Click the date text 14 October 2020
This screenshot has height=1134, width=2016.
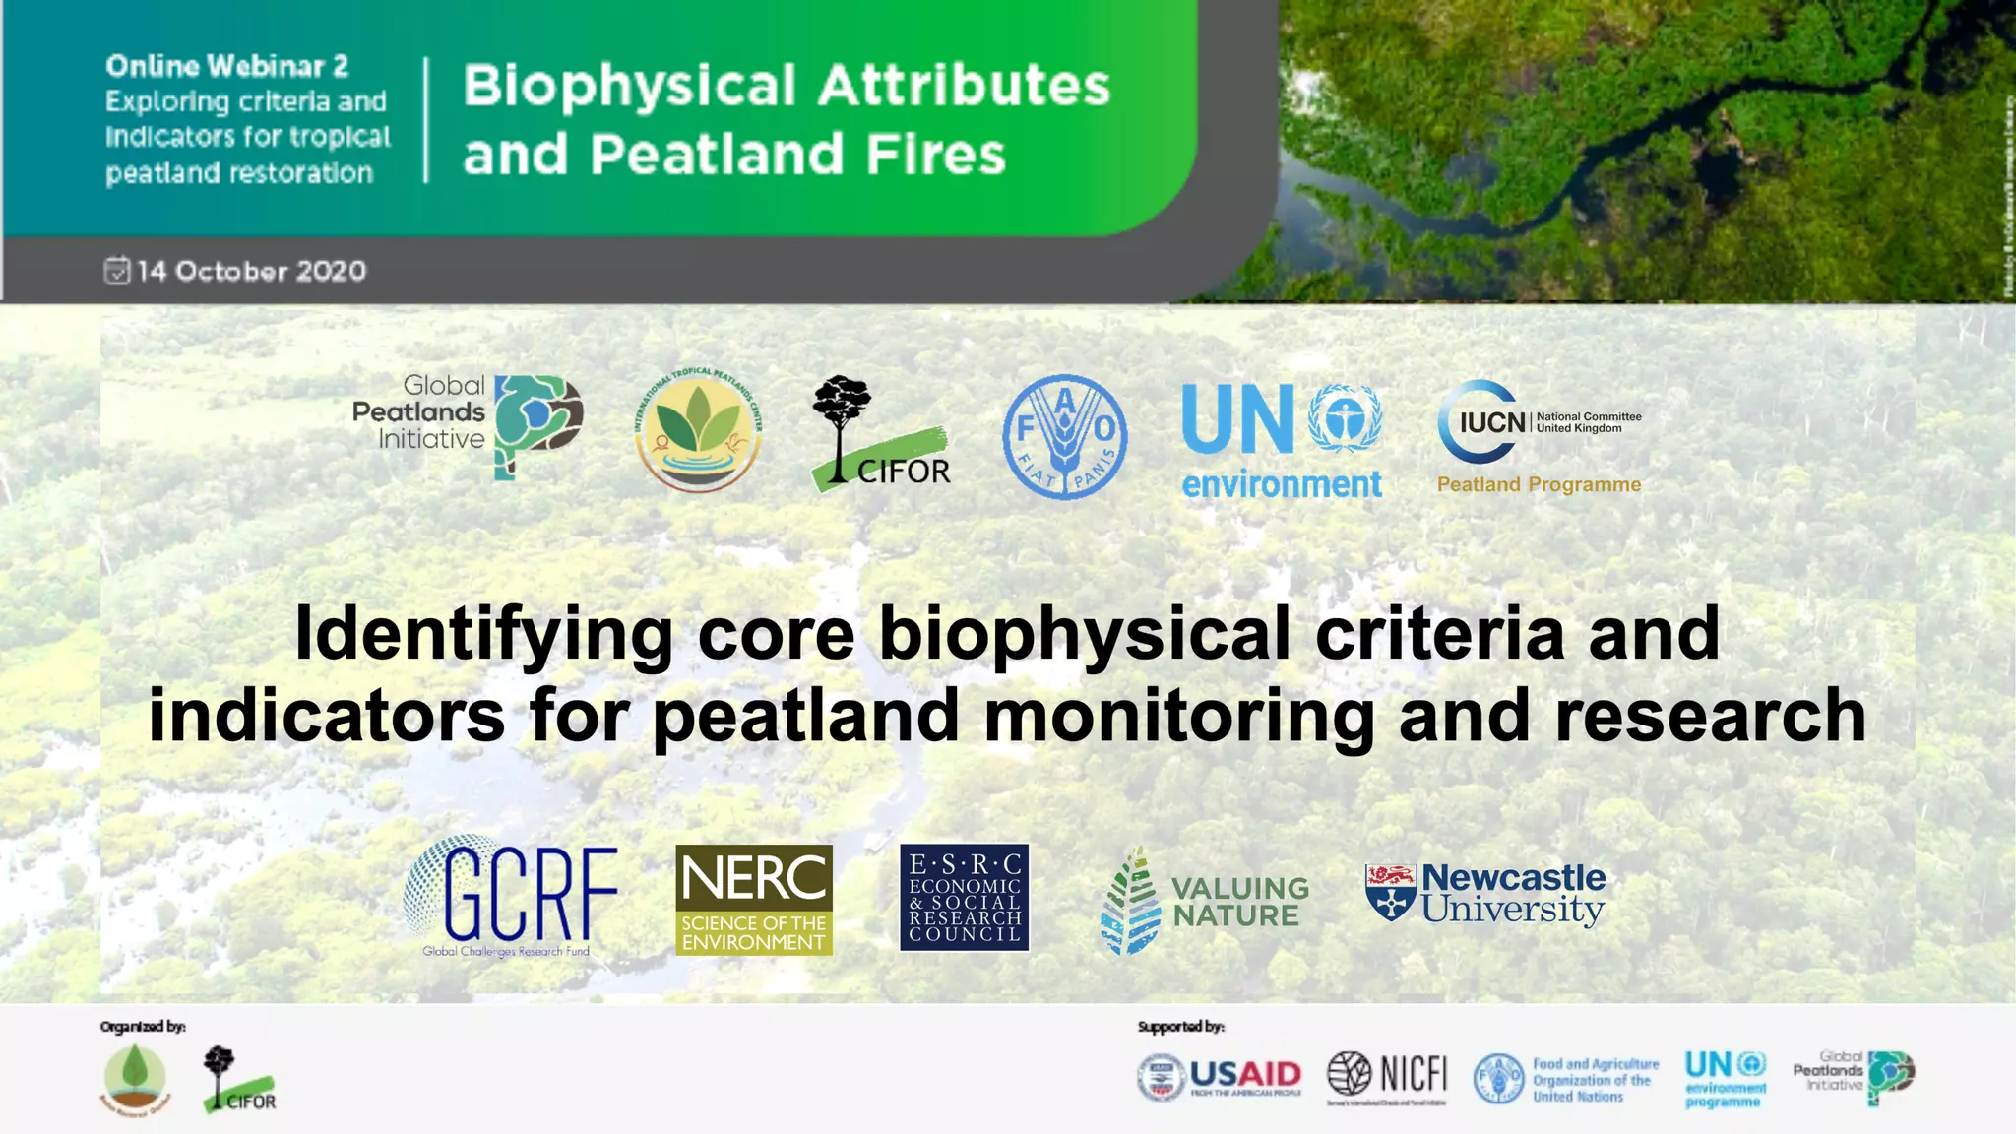(251, 271)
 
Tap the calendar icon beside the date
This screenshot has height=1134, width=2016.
(116, 270)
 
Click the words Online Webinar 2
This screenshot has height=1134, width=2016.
(227, 66)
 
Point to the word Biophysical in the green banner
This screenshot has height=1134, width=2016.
(629, 85)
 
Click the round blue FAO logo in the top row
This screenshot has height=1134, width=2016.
(1064, 436)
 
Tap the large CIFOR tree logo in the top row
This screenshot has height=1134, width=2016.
(878, 433)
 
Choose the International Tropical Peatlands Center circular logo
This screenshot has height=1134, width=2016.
(698, 430)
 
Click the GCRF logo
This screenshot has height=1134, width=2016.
(511, 897)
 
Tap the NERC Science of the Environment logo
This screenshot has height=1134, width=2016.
(754, 899)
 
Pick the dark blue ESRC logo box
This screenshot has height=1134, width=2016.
(964, 897)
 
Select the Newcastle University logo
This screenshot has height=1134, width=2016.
(1485, 893)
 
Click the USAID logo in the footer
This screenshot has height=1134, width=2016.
(1220, 1076)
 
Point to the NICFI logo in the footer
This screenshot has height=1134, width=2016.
(1387, 1074)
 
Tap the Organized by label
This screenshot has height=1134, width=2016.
(143, 1027)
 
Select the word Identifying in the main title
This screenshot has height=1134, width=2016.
(483, 633)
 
